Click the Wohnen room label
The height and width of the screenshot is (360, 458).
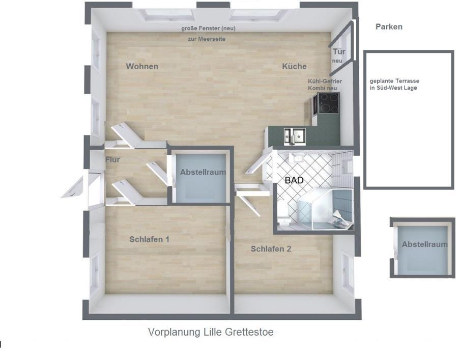(x=142, y=66)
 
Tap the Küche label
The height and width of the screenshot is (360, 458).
(x=294, y=66)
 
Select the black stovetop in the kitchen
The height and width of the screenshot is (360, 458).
(x=329, y=103)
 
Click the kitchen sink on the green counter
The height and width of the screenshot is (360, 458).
(x=295, y=136)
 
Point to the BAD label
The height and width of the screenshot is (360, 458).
(x=294, y=180)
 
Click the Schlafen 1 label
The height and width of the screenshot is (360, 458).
(x=149, y=239)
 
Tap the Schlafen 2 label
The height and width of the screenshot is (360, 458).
(x=271, y=249)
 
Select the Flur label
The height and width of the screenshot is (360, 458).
(x=112, y=159)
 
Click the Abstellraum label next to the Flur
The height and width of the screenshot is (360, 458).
(x=203, y=172)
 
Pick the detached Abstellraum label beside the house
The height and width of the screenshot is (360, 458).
(x=425, y=244)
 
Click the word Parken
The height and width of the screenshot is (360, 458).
(x=389, y=27)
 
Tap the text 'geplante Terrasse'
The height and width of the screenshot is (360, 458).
(x=394, y=81)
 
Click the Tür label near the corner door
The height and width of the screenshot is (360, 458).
(x=339, y=52)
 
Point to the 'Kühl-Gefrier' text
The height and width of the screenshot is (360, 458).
(x=325, y=81)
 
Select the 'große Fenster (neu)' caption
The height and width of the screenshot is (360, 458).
(x=208, y=29)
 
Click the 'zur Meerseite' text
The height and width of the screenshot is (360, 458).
(x=207, y=39)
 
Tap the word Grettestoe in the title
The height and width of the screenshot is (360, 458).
(x=249, y=332)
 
